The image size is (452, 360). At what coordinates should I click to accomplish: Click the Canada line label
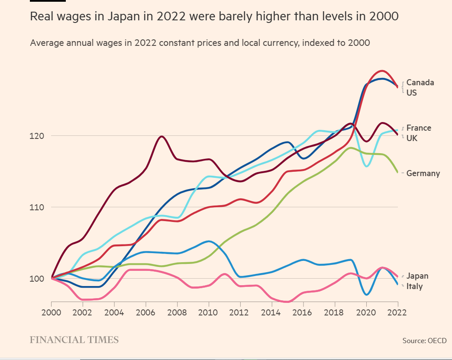point(420,83)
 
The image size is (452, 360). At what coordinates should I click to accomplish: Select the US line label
point(412,93)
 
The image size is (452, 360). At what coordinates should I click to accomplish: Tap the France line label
point(419,128)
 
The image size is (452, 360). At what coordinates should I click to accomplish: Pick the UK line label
point(412,138)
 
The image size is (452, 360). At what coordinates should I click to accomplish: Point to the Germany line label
point(423,174)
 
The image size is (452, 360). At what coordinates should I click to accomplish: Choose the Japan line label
point(417,276)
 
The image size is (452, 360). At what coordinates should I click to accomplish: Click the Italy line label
point(414,286)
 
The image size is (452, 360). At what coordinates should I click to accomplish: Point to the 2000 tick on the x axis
point(51,312)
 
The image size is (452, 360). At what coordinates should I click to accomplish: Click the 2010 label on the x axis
point(209,312)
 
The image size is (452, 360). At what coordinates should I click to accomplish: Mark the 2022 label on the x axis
point(397,312)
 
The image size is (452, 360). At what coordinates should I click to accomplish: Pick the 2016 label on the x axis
point(303,312)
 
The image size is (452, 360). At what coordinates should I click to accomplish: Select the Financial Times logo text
point(74,340)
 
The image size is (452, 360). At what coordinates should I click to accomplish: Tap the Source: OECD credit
point(424,341)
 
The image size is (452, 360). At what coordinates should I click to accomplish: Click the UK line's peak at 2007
point(161,136)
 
